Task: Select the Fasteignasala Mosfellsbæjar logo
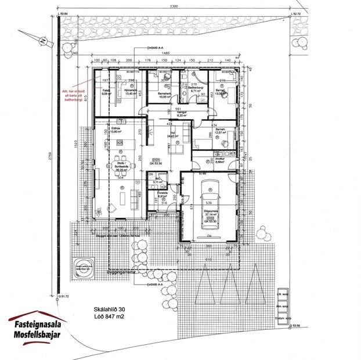pos(37,325)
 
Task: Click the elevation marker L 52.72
pos(297,12)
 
